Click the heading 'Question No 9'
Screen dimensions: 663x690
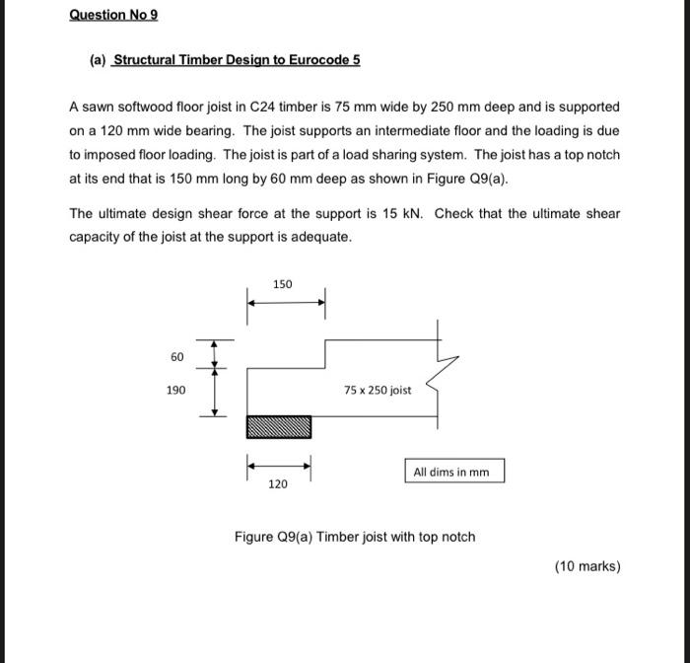(113, 15)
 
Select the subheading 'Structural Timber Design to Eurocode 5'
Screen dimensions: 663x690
(237, 59)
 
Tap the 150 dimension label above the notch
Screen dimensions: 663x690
(284, 284)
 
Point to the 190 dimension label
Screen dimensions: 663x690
(176, 391)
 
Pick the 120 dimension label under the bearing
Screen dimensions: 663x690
(278, 484)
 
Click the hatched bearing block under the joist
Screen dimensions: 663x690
(278, 426)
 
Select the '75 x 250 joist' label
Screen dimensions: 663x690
(378, 390)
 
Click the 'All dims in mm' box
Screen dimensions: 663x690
(451, 472)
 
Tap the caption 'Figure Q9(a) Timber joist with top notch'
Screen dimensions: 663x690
(355, 537)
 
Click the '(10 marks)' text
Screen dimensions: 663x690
(587, 565)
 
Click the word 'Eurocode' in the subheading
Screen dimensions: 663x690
(318, 59)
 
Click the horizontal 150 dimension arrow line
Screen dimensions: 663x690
(285, 302)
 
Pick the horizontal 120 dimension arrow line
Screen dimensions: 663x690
(278, 464)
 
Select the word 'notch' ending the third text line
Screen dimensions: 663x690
(603, 155)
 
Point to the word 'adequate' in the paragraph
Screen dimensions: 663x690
(320, 237)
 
